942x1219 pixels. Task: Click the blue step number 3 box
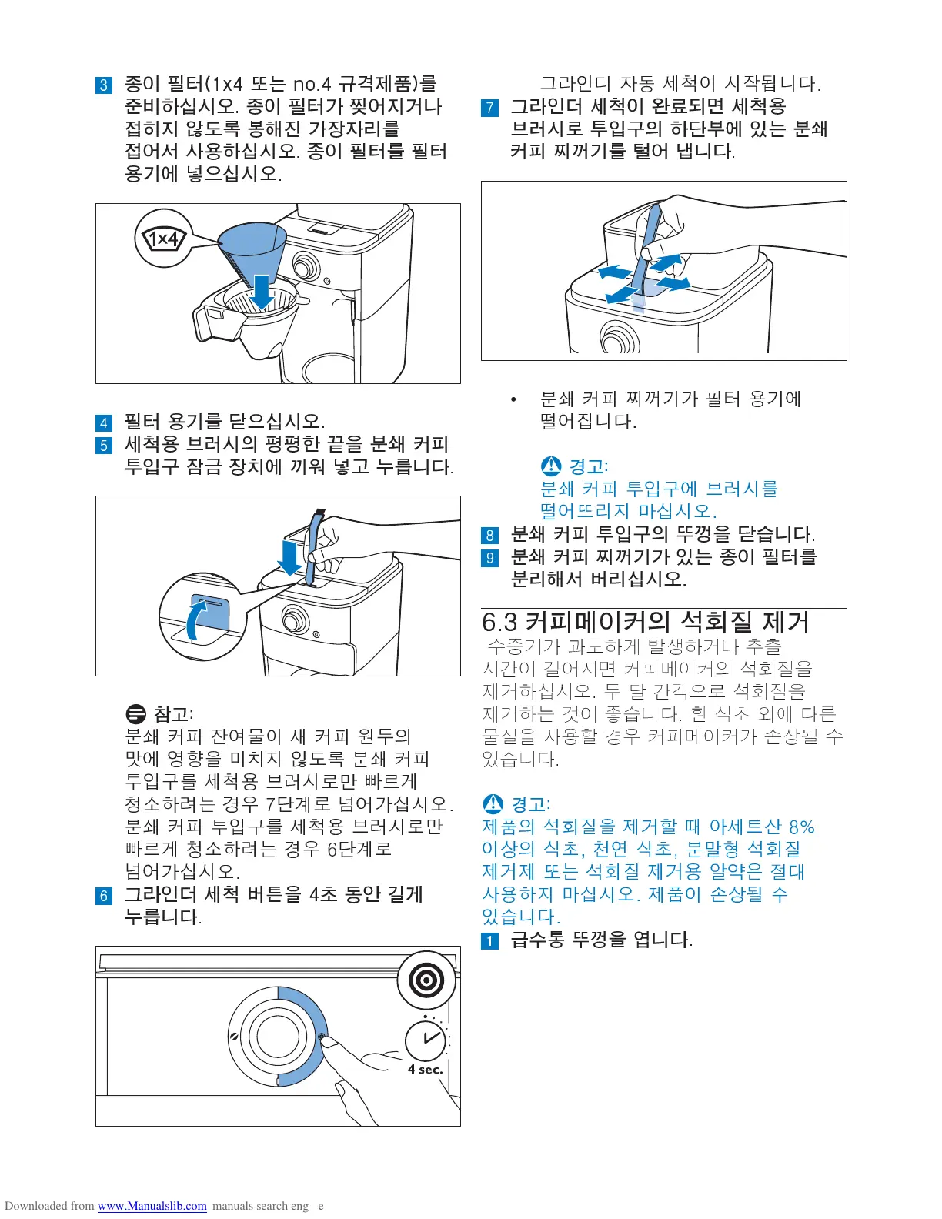pos(104,85)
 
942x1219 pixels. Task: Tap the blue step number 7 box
pos(489,108)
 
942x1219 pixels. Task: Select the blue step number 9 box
pos(489,558)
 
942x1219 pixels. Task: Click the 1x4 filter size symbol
pos(163,239)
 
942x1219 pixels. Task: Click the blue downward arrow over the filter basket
pos(262,292)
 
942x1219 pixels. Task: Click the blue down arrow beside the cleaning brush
pos(289,558)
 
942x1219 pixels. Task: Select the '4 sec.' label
pos(425,1069)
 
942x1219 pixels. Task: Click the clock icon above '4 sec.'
pos(426,1040)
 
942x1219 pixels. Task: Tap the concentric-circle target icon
pos(426,980)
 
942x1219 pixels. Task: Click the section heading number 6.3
pos(499,623)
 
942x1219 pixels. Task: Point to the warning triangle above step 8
pos(551,466)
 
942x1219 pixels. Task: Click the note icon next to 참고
pos(135,713)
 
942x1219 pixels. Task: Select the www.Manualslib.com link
pos(152,1206)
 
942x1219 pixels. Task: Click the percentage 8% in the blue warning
pos(801,827)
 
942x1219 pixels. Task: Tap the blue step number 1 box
pos(489,940)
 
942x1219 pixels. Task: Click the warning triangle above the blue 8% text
pos(493,803)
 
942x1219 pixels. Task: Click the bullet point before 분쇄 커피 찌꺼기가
pos(513,399)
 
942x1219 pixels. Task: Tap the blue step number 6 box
pos(104,895)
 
